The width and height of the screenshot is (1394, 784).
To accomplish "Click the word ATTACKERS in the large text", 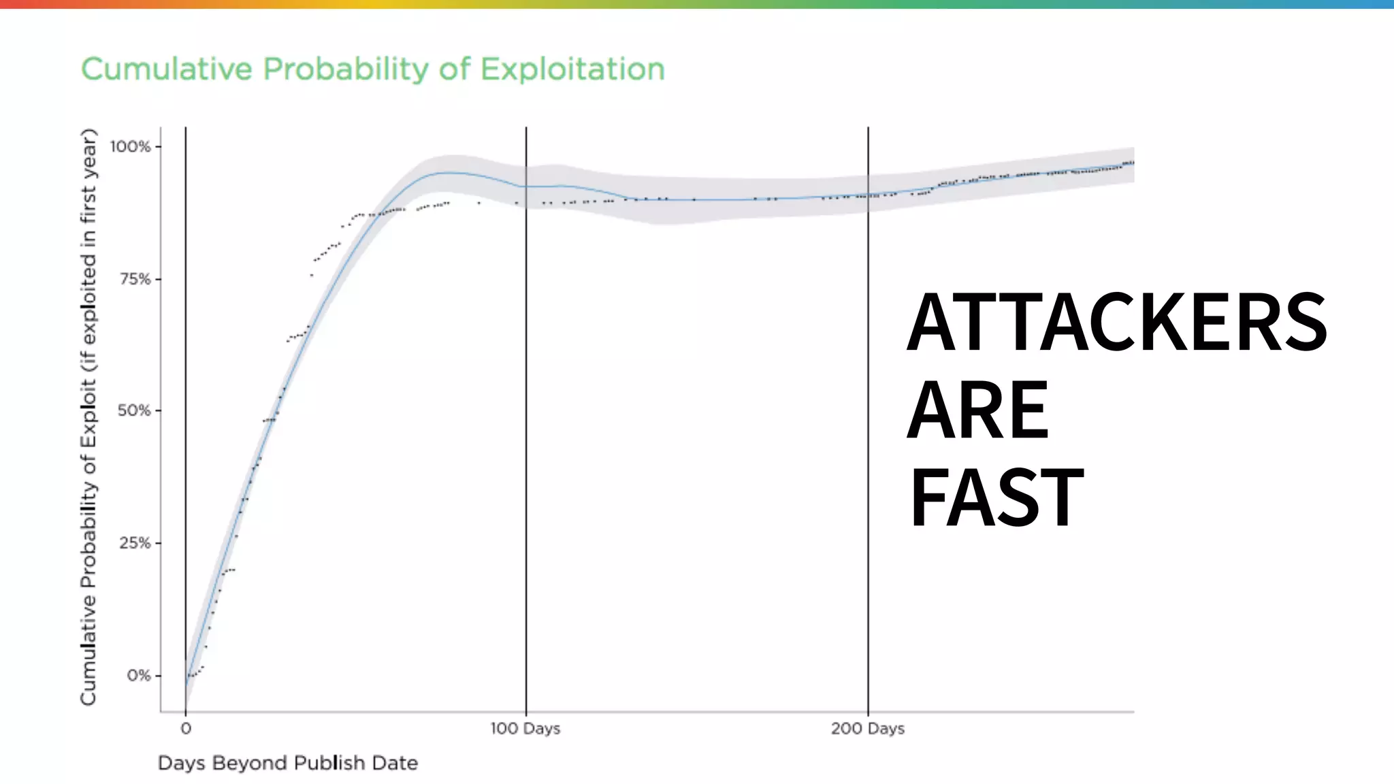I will (x=1116, y=321).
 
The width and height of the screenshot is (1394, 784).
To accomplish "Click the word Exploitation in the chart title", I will (x=572, y=69).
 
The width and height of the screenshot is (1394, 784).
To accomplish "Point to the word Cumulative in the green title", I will (x=167, y=69).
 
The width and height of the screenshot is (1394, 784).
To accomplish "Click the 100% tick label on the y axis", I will (x=131, y=146).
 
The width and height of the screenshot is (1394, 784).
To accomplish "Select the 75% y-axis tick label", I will (x=134, y=279).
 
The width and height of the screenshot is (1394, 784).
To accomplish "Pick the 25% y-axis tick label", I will (x=134, y=543).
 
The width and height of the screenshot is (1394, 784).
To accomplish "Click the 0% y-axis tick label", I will (x=138, y=675).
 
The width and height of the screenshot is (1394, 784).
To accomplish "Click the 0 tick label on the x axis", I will (x=186, y=729).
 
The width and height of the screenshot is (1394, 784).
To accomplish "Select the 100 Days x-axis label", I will (x=525, y=729).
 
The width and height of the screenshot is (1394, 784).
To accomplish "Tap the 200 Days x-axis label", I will (x=867, y=729).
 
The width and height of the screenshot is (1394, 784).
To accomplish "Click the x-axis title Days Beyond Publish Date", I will (x=287, y=763).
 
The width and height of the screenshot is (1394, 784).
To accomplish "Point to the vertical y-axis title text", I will (x=88, y=416).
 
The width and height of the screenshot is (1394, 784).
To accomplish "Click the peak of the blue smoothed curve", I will (x=446, y=173).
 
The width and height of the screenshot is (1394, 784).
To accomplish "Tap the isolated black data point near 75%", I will (x=311, y=275).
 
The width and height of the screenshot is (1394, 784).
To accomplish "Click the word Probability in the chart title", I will (x=346, y=69).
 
